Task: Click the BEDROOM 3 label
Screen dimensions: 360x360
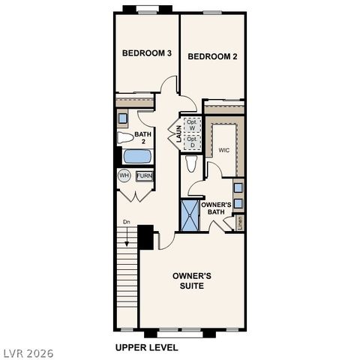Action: click(148, 53)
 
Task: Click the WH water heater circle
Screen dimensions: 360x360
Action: click(124, 175)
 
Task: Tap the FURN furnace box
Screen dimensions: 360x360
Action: click(144, 175)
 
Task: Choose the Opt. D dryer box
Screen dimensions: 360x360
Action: click(192, 141)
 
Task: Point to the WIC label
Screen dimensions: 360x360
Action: click(223, 150)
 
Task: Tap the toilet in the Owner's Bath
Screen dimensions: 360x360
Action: click(191, 163)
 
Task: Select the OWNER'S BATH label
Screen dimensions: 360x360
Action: click(217, 208)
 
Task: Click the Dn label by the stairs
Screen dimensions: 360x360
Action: click(126, 222)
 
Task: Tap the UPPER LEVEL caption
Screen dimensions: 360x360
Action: click(146, 347)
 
